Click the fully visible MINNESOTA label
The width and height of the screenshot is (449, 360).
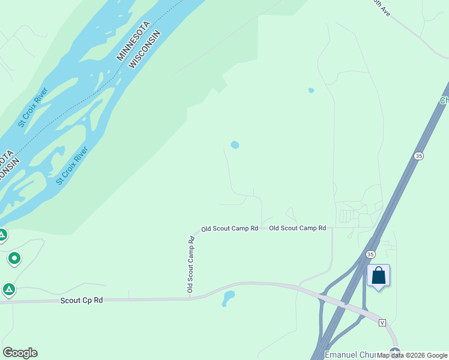(x=139, y=37)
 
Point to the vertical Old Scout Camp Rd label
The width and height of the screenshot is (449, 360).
(x=191, y=264)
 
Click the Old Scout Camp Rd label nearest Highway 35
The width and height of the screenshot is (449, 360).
(x=297, y=228)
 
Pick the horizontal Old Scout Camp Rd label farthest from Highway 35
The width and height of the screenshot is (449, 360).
(x=229, y=229)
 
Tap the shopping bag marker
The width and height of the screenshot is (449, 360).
(x=378, y=276)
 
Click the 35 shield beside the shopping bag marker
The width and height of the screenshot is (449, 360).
(x=370, y=254)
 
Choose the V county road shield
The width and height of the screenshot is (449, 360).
(x=382, y=323)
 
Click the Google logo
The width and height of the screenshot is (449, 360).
(x=20, y=353)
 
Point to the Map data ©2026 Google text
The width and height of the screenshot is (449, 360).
(x=412, y=355)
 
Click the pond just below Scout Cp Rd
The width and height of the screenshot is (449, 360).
(x=228, y=298)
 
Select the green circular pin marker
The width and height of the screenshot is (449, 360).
(x=14, y=259)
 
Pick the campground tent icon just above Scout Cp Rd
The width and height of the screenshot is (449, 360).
(x=8, y=290)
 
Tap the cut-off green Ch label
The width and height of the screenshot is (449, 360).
(x=444, y=100)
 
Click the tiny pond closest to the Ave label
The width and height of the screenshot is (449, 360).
(x=311, y=91)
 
